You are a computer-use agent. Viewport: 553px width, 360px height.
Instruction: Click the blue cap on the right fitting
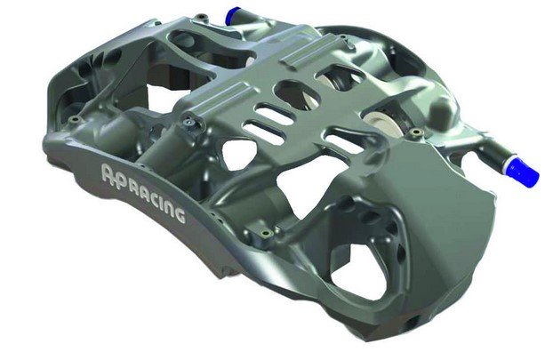(523, 172)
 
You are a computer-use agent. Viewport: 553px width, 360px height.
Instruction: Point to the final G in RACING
(178, 215)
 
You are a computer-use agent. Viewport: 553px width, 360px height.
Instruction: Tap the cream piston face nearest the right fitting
(378, 123)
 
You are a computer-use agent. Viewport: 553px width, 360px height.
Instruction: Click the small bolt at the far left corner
(74, 120)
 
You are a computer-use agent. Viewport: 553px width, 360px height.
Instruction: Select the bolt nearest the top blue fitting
(202, 17)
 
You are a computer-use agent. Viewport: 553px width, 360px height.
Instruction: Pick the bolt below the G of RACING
(265, 233)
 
